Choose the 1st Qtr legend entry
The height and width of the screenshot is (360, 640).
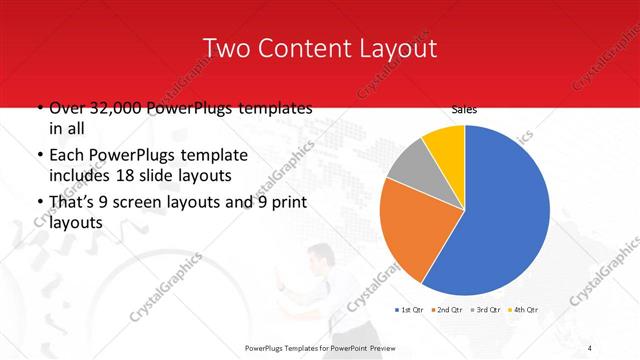411,310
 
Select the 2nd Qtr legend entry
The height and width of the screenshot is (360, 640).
449,310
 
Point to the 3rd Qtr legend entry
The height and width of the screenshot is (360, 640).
488,310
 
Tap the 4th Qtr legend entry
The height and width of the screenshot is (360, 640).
526,310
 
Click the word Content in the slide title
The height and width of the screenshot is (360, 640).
304,49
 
